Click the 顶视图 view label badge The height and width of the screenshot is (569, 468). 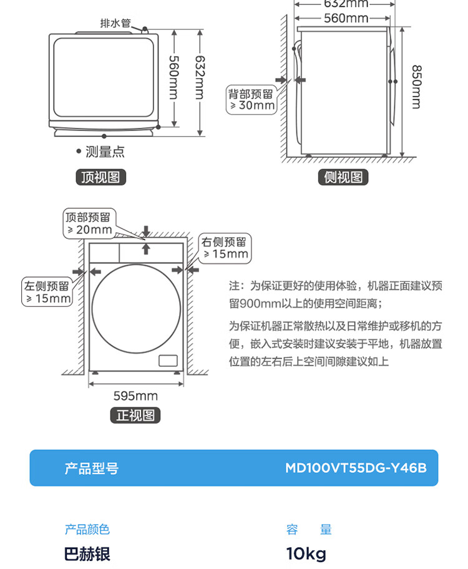click(x=100, y=177)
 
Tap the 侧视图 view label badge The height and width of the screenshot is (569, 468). click(x=343, y=177)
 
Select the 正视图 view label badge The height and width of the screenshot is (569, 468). click(x=135, y=415)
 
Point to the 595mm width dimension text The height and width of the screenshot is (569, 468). click(x=135, y=396)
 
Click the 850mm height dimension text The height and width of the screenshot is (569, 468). click(x=416, y=87)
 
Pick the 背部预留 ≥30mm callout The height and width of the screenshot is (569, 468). click(x=251, y=100)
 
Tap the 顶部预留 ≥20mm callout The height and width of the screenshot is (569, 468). click(x=89, y=223)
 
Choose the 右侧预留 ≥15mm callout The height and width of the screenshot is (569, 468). click(x=225, y=248)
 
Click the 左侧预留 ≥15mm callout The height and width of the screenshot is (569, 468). click(x=47, y=292)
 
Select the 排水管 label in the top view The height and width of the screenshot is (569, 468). click(x=115, y=23)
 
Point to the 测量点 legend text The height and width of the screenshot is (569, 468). click(x=105, y=152)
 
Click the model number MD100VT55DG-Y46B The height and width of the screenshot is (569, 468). click(x=356, y=468)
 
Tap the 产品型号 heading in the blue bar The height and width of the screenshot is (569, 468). click(x=92, y=468)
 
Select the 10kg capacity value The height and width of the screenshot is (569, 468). click(x=306, y=554)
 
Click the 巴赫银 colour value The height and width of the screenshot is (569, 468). click(x=87, y=554)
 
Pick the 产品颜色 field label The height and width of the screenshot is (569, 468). click(x=87, y=529)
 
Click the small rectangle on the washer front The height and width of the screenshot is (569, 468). click(x=168, y=361)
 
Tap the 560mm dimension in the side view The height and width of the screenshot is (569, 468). click(x=346, y=18)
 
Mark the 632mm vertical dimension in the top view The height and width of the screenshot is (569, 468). click(x=200, y=77)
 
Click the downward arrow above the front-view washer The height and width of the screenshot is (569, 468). click(x=146, y=231)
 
